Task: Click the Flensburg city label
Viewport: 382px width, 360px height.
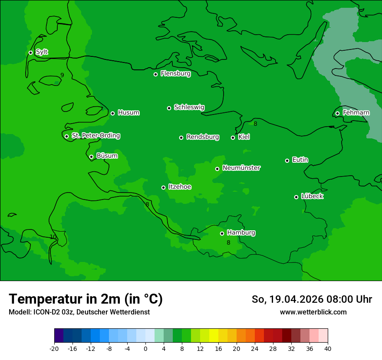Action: click(175, 74)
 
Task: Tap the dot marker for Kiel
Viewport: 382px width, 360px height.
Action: click(233, 137)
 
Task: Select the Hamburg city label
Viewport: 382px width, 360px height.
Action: click(241, 233)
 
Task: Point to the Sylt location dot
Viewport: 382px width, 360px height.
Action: click(30, 52)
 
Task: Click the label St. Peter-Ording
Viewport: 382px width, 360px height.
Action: click(95, 136)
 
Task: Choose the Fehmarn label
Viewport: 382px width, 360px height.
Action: click(356, 113)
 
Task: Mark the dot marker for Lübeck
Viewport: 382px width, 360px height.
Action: click(296, 197)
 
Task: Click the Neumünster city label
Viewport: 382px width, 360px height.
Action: click(241, 168)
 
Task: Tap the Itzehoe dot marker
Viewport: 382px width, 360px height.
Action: click(163, 187)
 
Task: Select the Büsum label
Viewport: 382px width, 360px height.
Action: click(107, 156)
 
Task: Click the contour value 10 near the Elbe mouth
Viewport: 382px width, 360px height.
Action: click(53, 237)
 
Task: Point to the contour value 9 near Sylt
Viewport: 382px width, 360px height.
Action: click(62, 75)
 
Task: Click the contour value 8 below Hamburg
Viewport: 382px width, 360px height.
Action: click(228, 242)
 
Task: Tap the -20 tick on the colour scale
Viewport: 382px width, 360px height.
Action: click(54, 348)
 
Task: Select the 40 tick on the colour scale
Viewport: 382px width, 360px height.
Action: click(328, 348)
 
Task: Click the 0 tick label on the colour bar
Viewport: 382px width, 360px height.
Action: click(145, 348)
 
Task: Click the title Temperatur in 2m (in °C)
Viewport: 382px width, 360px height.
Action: click(86, 299)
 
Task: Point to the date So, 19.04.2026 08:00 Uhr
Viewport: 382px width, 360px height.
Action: click(312, 299)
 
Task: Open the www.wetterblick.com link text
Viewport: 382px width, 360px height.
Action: click(313, 312)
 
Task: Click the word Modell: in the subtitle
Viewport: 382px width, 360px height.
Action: click(20, 312)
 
